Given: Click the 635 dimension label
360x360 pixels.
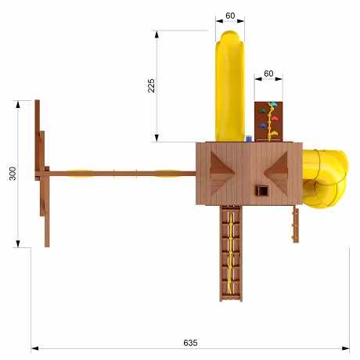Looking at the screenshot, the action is coord(190,343).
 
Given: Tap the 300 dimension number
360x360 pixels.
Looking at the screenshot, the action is coord(13,174).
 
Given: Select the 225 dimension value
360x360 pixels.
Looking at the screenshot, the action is coord(151,85).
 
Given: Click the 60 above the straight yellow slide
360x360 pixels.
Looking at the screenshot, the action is coord(230,16).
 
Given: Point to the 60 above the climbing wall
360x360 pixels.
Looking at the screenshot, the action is coord(268,74).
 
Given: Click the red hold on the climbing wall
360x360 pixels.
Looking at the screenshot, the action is coord(274,119).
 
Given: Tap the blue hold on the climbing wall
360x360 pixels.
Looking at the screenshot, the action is coord(262,126).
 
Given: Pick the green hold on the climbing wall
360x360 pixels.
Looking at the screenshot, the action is coord(262,111).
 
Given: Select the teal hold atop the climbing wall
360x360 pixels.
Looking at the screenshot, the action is coord(273,104).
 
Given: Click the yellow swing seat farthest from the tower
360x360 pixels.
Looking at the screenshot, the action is coord(81,173).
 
